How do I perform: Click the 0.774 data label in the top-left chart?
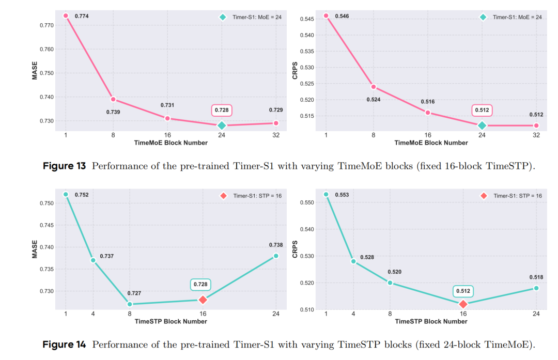[x=82, y=17]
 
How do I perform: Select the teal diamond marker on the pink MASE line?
[x=222, y=126]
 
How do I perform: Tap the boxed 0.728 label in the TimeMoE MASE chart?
[x=222, y=111]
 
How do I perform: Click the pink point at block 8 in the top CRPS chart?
[x=373, y=87]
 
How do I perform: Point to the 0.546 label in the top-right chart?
[x=342, y=17]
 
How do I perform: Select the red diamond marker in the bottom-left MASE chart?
[x=203, y=300]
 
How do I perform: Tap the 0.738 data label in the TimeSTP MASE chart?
[x=275, y=245]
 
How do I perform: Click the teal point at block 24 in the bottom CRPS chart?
[x=536, y=288]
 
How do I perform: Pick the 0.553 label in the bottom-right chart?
[x=342, y=195]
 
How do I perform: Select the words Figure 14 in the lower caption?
[x=64, y=345]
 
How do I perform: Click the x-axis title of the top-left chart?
[x=171, y=143]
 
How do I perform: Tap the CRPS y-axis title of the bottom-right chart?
[x=295, y=249]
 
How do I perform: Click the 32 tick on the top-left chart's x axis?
[x=276, y=135]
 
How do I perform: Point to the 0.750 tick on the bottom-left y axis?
[x=47, y=203]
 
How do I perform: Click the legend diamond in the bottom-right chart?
[x=484, y=196]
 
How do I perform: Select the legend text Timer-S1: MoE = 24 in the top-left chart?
[x=257, y=17]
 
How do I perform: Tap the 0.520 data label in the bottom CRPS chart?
[x=395, y=272]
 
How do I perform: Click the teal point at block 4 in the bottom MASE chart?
[x=93, y=260]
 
